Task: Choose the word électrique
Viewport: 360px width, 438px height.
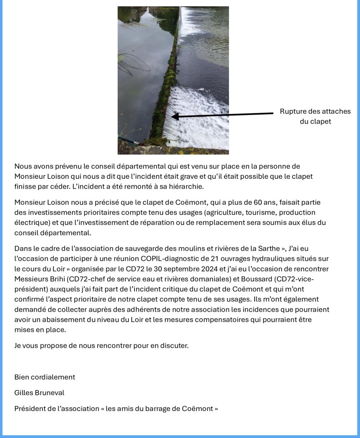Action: coord(30,222)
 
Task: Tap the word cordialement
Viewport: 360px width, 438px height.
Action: coord(52,377)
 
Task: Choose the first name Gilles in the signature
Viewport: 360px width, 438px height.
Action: coord(24,393)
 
